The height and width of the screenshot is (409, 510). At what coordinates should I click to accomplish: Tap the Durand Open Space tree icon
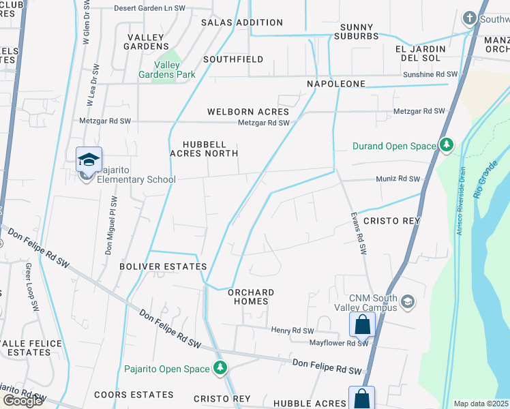coord(447,145)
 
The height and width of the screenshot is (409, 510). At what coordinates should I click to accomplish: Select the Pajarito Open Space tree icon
coord(220,369)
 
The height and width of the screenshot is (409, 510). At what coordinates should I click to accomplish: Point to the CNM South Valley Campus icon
coord(408,301)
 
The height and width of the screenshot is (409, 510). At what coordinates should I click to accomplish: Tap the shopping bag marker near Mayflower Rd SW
coord(362,324)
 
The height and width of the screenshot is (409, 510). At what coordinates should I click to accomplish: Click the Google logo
coord(22,401)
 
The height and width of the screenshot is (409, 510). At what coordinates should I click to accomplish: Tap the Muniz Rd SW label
coord(398,179)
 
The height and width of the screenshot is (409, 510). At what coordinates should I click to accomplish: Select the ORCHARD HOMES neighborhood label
coord(251,297)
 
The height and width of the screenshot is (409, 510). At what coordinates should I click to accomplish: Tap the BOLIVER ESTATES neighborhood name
coord(163,266)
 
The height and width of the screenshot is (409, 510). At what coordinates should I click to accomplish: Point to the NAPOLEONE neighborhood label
coord(336,84)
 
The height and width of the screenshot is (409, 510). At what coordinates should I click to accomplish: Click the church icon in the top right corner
coord(469,17)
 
